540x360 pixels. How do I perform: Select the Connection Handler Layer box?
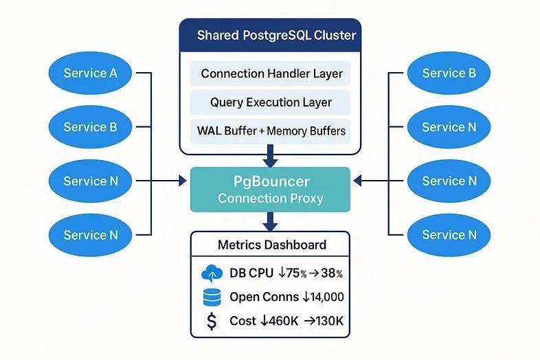click(271, 74)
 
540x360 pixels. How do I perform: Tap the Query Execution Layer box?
click(271, 102)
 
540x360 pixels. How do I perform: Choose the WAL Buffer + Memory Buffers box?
click(271, 131)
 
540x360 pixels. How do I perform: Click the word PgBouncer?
click(271, 181)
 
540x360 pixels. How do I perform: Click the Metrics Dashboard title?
click(271, 245)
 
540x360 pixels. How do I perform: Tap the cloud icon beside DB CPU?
click(212, 274)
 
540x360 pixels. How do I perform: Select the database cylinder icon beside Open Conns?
click(212, 297)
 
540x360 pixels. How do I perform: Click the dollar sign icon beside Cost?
click(212, 321)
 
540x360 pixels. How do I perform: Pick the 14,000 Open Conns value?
click(326, 297)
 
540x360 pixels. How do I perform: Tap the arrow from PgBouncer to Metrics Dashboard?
click(271, 221)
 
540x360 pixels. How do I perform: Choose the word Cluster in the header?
click(335, 35)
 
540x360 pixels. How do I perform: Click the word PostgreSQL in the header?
click(276, 35)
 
